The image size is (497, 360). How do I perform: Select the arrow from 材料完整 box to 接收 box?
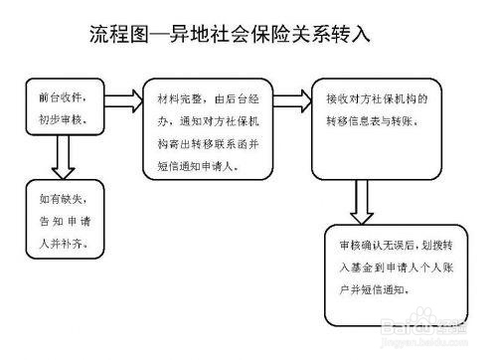tap(291, 98)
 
